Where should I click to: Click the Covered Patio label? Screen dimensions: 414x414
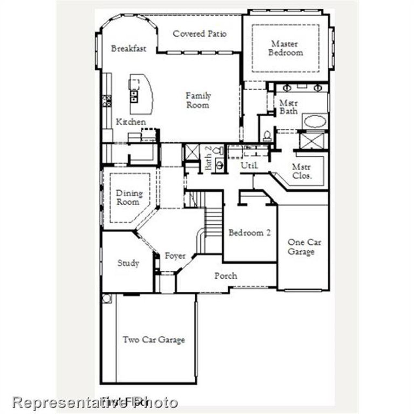point(200,34)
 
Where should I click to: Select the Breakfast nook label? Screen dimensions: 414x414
point(128,49)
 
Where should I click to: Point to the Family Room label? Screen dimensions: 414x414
point(198,100)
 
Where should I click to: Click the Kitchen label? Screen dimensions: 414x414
point(131,122)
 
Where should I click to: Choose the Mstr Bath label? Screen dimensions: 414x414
point(289,107)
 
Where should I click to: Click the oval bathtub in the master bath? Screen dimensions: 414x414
point(315,122)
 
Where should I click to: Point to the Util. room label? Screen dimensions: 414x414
point(249,166)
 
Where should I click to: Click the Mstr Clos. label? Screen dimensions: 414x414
point(302,171)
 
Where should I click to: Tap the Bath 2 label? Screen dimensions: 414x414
point(208,158)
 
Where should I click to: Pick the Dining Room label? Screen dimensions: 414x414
point(129,198)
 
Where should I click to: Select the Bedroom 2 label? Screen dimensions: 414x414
point(249,233)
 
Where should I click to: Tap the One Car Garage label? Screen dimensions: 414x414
point(304,247)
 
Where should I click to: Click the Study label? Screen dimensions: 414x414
point(128,263)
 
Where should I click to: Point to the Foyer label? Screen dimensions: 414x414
point(175,256)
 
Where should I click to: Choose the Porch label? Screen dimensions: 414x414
point(226,276)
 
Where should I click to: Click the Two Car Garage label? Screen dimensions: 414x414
point(154,340)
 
